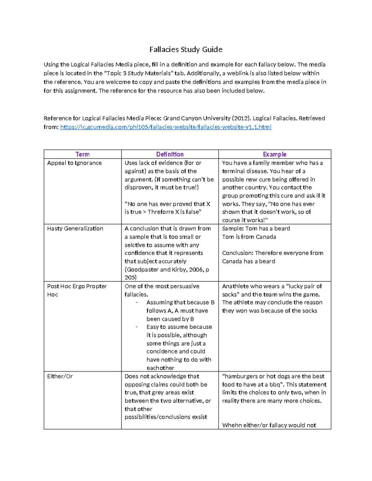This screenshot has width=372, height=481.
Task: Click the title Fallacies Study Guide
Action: click(x=186, y=50)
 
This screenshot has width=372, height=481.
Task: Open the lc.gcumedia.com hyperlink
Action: click(x=166, y=127)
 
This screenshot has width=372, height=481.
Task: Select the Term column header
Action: click(x=82, y=154)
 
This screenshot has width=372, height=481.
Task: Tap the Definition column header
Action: click(x=170, y=154)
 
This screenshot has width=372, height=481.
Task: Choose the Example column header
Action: click(x=274, y=154)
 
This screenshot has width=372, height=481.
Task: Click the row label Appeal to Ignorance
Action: click(x=74, y=163)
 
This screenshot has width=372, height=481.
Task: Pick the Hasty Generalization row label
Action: click(x=75, y=229)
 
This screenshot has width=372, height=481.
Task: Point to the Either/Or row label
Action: click(x=60, y=376)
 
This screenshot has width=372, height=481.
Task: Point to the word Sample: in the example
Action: click(x=233, y=229)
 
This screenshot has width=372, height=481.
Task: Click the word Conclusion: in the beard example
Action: click(x=237, y=253)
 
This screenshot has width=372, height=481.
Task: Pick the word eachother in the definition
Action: click(x=160, y=368)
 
